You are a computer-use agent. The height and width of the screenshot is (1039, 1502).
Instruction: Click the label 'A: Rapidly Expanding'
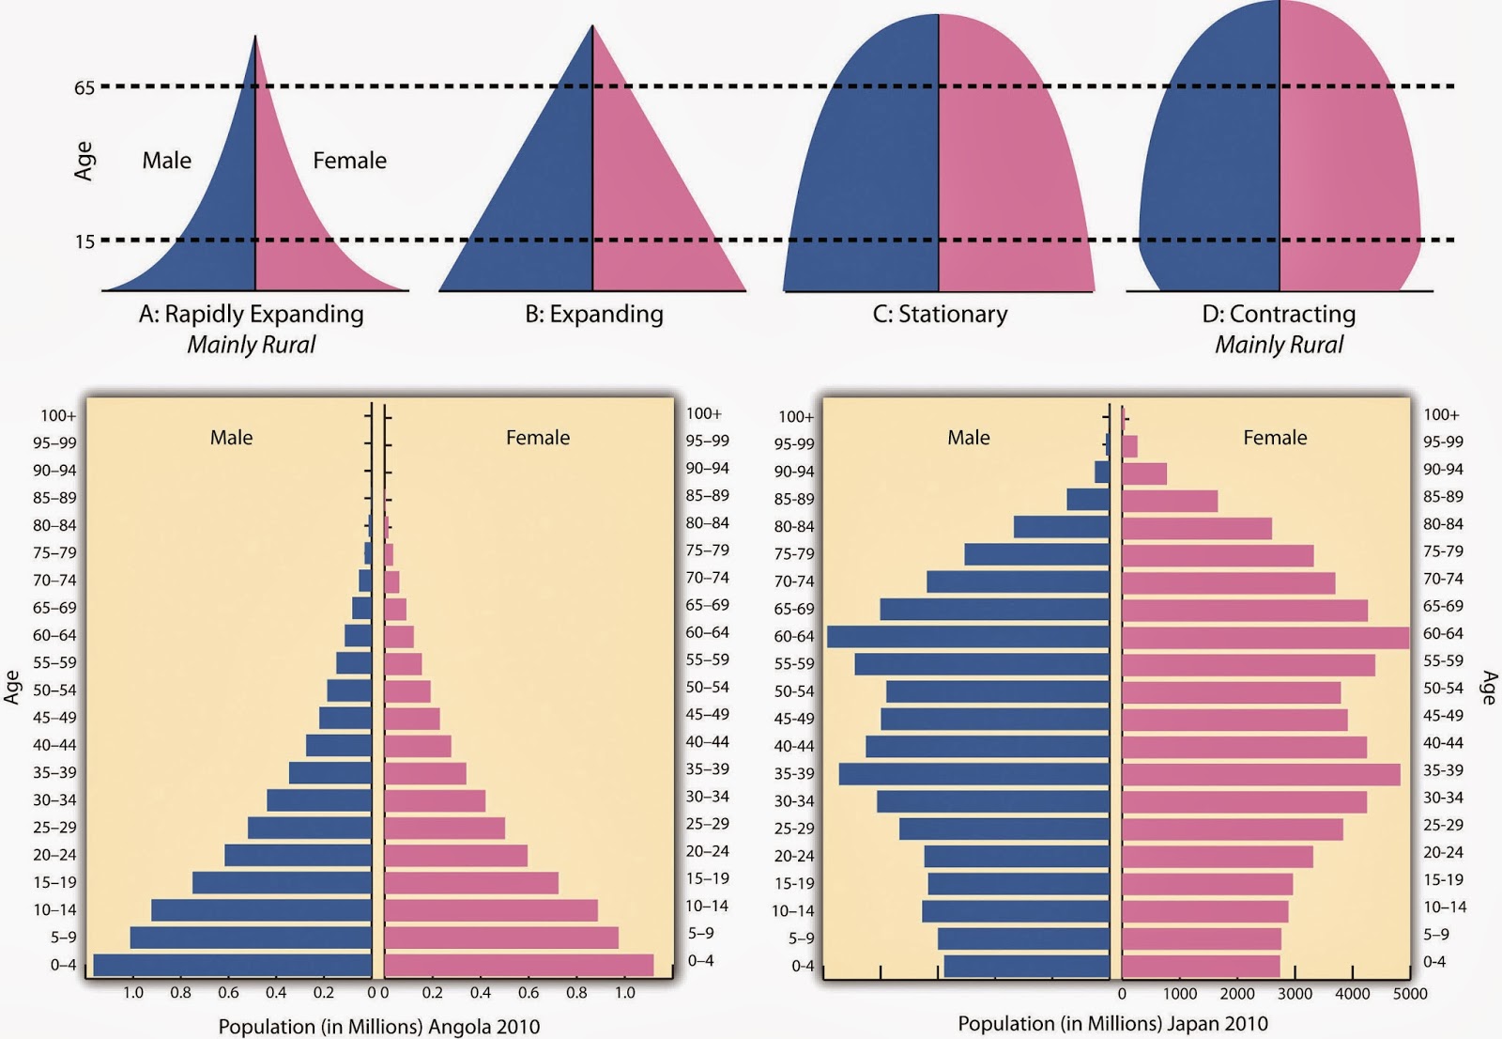tap(251, 314)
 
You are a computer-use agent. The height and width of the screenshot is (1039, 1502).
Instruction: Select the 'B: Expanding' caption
tap(593, 314)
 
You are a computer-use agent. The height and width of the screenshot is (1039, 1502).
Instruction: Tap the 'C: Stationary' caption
tap(940, 314)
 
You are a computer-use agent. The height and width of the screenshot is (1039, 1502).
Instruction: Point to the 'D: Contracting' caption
tap(1279, 314)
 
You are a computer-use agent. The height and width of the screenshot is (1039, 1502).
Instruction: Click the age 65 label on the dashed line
tap(84, 88)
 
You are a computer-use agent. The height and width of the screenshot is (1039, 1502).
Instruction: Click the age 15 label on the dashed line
tap(84, 242)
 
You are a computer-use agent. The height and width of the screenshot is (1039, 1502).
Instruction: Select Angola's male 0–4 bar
tap(232, 965)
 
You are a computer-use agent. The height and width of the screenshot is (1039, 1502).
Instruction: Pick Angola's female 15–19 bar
tap(471, 883)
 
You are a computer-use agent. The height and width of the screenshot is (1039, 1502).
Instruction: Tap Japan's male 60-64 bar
tap(968, 637)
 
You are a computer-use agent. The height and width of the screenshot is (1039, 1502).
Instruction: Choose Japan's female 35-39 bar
tap(1261, 774)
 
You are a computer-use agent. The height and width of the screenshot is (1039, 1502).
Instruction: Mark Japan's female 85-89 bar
tap(1170, 501)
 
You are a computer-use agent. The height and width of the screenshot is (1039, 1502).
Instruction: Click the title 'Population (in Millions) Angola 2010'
tap(379, 1026)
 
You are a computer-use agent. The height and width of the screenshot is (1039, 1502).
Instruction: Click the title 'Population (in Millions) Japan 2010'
tap(1112, 1023)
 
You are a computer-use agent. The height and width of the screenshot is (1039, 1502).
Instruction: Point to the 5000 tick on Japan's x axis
tap(1410, 994)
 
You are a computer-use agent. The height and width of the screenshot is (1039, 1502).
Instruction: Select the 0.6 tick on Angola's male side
tap(228, 993)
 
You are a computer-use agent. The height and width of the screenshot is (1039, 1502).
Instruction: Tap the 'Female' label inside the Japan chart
tap(1275, 438)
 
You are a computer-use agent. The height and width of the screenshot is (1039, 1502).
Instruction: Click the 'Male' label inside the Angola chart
tap(231, 438)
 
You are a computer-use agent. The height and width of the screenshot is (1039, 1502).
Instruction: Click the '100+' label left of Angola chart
tap(57, 415)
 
